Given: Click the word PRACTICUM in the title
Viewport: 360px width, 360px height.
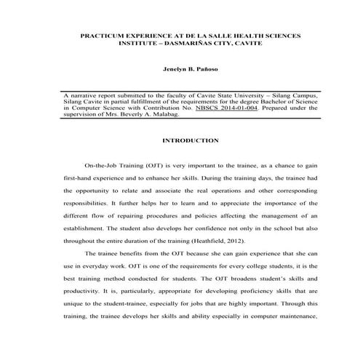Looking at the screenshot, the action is [103, 35].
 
